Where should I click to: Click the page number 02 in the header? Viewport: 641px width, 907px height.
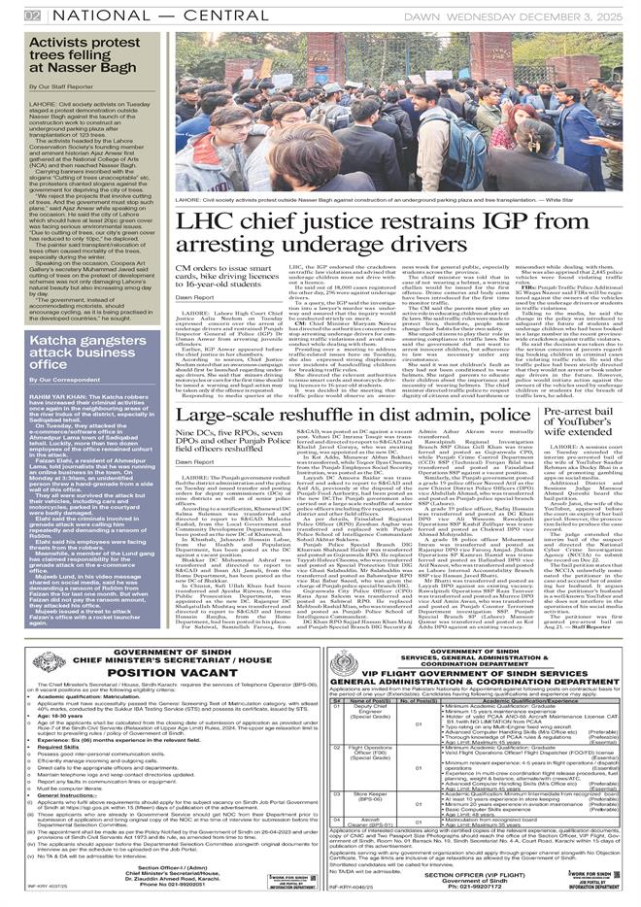click(32, 16)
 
